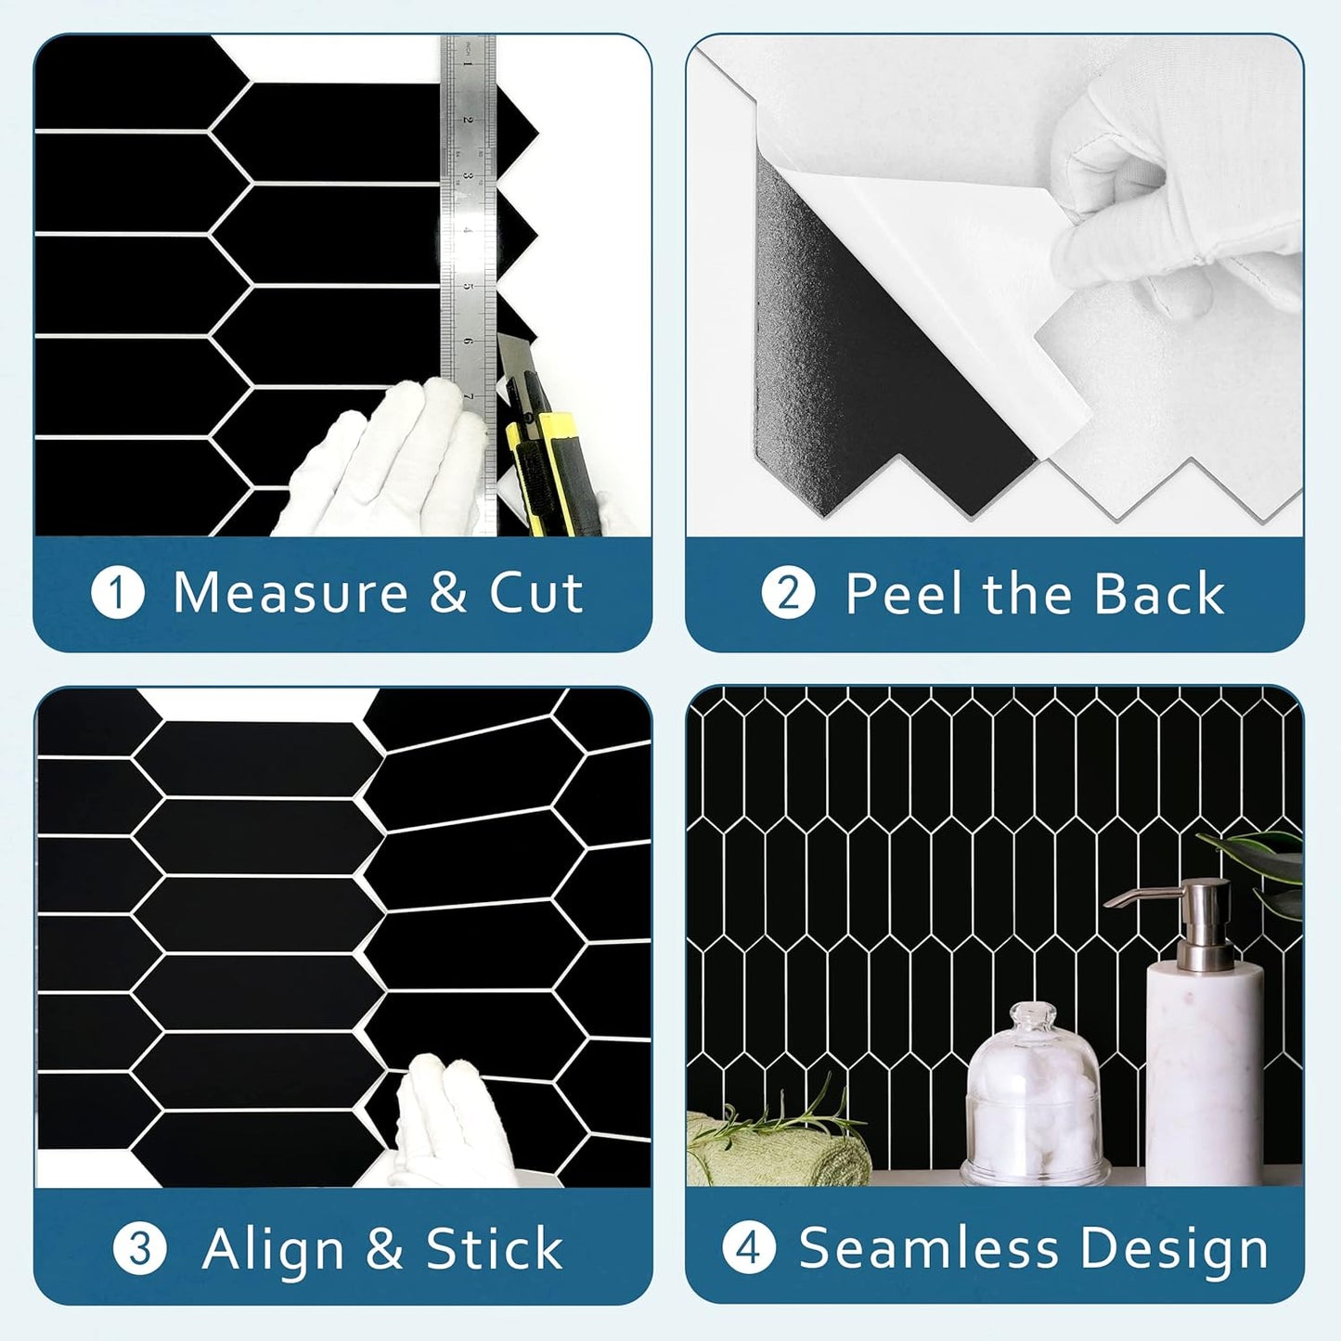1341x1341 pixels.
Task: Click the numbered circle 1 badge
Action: (x=118, y=594)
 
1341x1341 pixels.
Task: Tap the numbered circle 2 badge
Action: (x=788, y=594)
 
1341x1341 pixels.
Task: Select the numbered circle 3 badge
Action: (x=140, y=1249)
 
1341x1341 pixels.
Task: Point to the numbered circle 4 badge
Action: (x=748, y=1249)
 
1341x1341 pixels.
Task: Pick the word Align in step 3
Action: (x=274, y=1249)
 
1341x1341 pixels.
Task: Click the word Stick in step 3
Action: (x=494, y=1249)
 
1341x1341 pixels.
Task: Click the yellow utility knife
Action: (x=535, y=436)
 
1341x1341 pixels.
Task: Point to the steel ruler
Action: (x=468, y=213)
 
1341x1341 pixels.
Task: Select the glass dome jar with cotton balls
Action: (x=1034, y=1100)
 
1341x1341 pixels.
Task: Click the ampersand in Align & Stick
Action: (x=384, y=1249)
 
